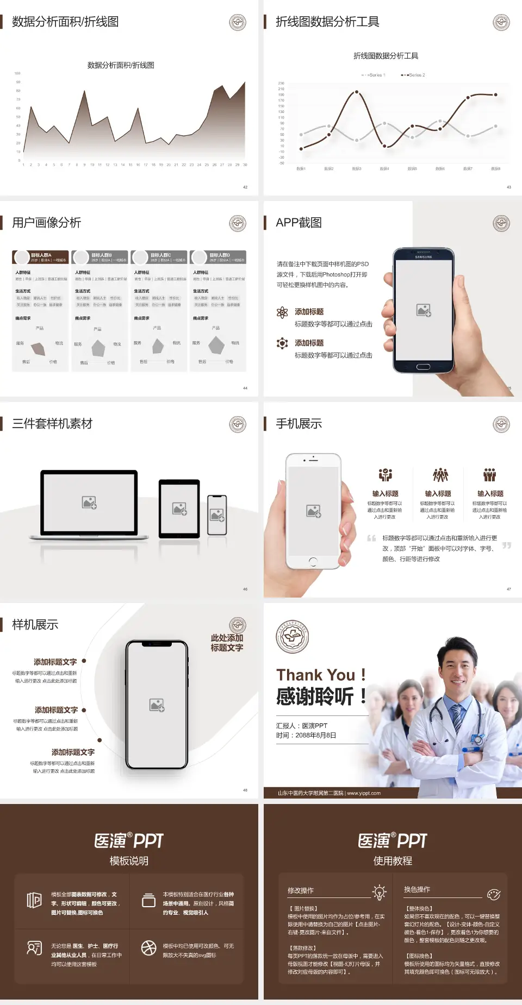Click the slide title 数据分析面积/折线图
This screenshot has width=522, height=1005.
pos(65,22)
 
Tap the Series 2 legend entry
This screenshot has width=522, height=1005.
pos(414,75)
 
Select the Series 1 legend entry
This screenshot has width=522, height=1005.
pos(374,75)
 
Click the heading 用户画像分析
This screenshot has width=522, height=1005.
pos(47,223)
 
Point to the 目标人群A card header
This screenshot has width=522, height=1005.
pos(41,257)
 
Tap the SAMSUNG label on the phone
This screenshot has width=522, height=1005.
pos(424,257)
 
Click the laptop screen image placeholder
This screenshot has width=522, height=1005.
pos(89,502)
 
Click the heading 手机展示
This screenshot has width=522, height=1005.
pos(299,424)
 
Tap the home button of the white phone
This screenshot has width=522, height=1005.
pos(313,561)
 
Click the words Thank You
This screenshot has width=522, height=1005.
pos(315,675)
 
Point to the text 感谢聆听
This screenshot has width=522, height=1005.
pos(315,696)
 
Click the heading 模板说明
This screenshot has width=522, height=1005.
pos(129,861)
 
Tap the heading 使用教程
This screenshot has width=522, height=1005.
pos(393,861)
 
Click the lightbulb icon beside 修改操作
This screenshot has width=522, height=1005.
pos(379,892)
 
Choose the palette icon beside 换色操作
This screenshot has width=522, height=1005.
pos(494,894)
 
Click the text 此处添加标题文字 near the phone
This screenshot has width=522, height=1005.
pos(227,643)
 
